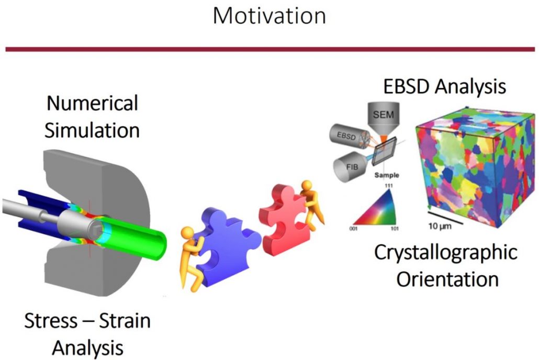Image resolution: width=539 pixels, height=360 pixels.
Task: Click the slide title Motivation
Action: tap(269, 16)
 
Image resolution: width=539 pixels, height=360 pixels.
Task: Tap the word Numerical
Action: tap(92, 103)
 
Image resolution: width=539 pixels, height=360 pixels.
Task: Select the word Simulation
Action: tap(92, 130)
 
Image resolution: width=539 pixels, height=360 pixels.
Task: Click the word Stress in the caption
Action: tap(51, 320)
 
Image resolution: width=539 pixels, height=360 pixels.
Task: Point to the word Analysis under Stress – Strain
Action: tap(88, 348)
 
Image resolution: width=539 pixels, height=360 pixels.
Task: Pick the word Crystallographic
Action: tap(446, 252)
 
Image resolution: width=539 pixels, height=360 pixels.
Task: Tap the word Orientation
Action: tap(447, 279)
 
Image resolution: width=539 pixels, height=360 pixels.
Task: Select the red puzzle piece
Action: tap(283, 220)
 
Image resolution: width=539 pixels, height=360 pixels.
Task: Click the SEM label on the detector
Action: tap(383, 114)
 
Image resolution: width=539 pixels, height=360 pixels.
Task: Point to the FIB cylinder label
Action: tap(352, 167)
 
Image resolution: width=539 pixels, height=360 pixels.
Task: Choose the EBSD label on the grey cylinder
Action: tap(346, 136)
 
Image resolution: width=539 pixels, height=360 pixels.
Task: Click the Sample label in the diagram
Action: tap(387, 175)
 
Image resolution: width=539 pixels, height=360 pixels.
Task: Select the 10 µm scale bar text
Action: tap(440, 226)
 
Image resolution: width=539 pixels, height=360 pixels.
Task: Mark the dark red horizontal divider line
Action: tap(270, 50)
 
